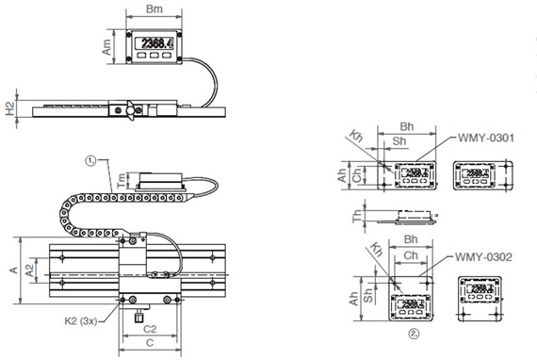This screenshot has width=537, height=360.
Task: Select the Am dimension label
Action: click(x=107, y=44)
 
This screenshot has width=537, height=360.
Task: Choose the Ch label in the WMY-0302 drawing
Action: click(x=411, y=255)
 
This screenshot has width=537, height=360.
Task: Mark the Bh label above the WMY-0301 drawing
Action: click(x=407, y=125)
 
